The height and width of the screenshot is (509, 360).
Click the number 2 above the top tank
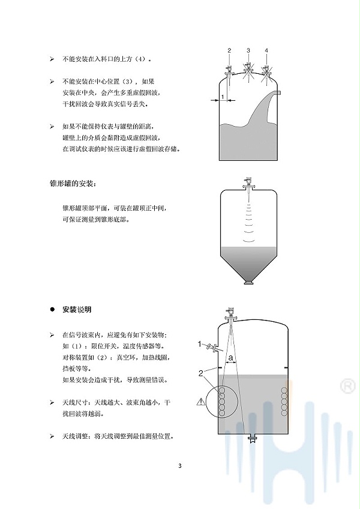229,50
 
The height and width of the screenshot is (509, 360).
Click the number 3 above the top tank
248,50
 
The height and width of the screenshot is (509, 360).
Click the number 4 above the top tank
266,50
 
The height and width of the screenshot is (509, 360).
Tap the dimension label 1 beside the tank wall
223,97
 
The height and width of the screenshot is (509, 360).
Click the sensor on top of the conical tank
248,187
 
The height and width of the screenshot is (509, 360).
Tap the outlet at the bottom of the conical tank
248,283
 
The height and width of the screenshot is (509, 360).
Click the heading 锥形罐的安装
73,184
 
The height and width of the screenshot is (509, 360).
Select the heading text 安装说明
77,310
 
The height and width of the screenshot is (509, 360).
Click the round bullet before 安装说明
52,310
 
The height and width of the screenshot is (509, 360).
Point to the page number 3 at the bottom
180,466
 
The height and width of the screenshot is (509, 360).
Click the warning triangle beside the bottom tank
201,402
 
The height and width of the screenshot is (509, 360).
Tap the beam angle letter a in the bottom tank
231,358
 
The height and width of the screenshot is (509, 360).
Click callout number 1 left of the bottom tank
200,344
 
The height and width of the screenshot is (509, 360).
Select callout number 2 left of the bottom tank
200,373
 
